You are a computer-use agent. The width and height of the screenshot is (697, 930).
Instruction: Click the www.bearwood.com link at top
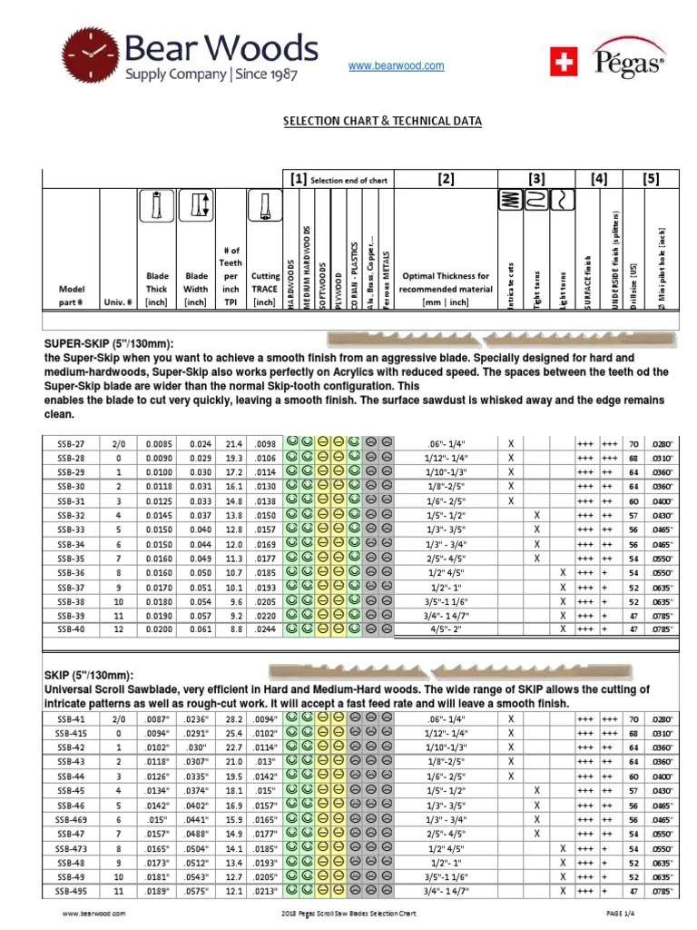(397, 66)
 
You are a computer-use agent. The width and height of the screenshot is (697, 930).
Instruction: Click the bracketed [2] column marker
(445, 180)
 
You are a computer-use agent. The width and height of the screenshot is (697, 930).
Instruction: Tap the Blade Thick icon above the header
(158, 207)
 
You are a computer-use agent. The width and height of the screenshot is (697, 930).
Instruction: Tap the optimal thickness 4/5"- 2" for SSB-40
(445, 628)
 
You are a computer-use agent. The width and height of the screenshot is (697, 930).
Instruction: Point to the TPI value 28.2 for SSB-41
(234, 718)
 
